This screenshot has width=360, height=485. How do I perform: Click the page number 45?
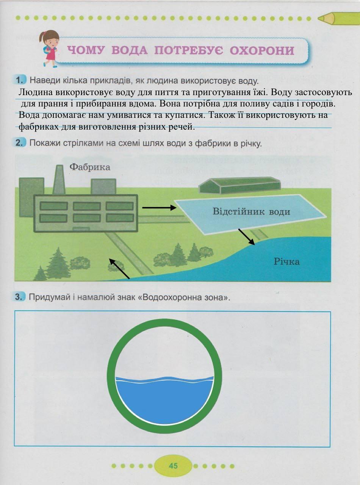(x=173, y=466)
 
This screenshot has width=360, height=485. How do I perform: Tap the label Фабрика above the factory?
(x=90, y=167)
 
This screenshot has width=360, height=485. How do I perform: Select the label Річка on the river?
(x=287, y=261)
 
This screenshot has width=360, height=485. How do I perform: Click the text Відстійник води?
(x=251, y=211)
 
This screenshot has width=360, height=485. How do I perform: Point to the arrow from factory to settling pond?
(x=159, y=208)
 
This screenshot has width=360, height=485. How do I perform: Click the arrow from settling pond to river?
(x=246, y=237)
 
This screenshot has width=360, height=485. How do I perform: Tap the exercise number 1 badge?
(x=21, y=80)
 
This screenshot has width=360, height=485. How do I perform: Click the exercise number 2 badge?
(x=21, y=143)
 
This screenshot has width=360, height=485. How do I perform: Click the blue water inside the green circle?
(x=164, y=400)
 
